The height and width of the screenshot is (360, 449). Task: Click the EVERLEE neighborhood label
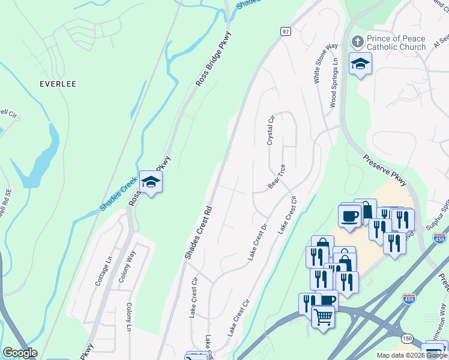pyautogui.click(x=58, y=83)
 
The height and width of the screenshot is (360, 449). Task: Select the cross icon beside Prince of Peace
pyautogui.click(x=357, y=41)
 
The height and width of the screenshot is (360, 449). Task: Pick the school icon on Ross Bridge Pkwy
pyautogui.click(x=151, y=182)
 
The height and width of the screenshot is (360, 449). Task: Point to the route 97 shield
pyautogui.click(x=285, y=31)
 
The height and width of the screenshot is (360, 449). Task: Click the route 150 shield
pyautogui.click(x=408, y=339)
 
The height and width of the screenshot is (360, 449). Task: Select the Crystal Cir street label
pyautogui.click(x=271, y=130)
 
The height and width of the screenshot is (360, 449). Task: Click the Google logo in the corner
pyautogui.click(x=20, y=353)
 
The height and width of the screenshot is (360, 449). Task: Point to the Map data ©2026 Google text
pyautogui.click(x=412, y=355)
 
